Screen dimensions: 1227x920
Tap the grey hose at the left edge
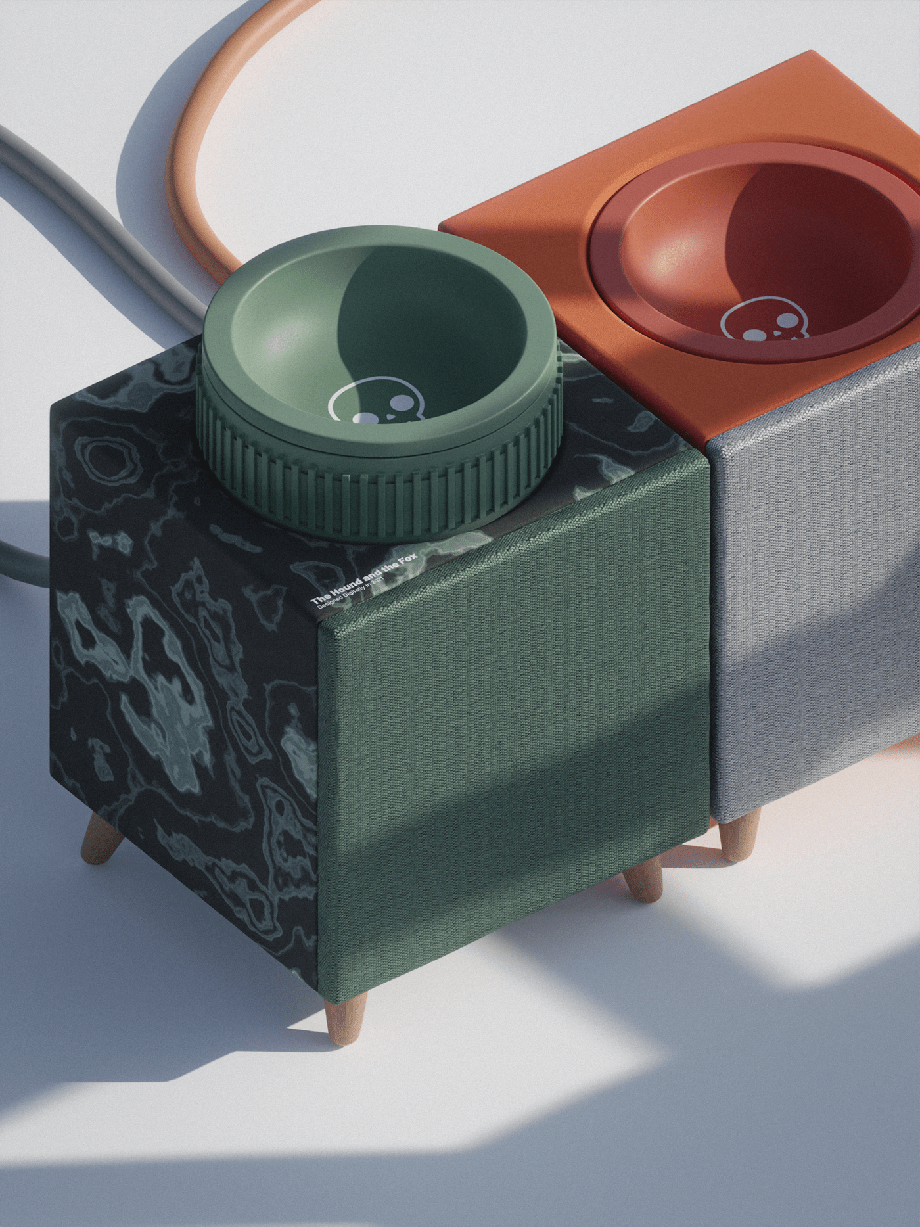(x=79, y=197)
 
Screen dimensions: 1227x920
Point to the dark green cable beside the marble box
(x=20, y=559)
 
